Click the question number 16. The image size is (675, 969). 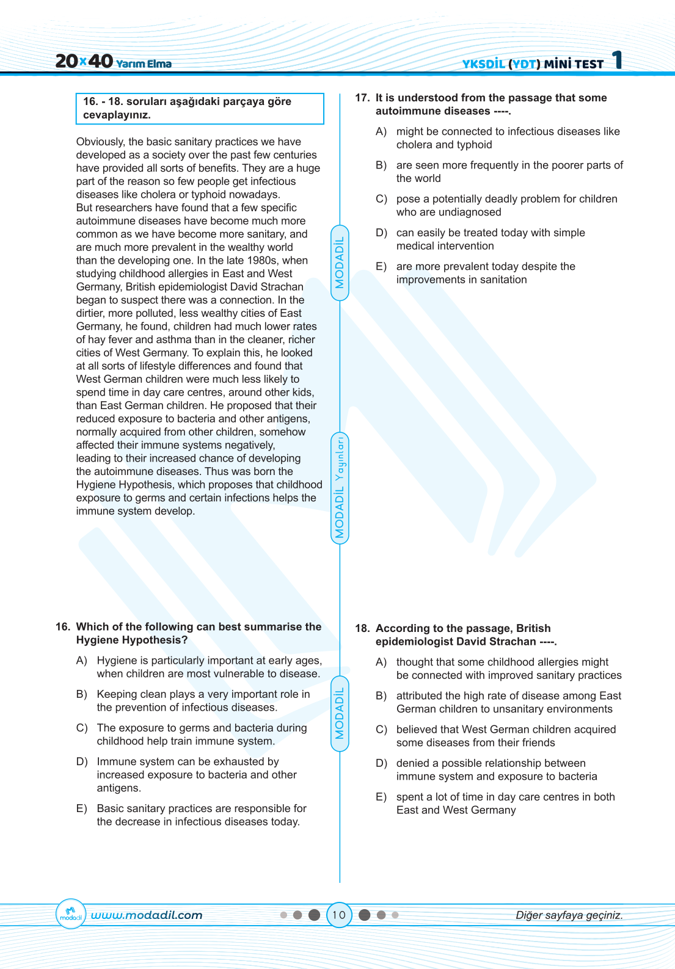[62, 627]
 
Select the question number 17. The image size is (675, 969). [362, 98]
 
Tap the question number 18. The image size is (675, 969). [362, 628]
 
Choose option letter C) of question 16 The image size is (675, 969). [82, 728]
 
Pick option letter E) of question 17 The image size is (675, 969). [381, 266]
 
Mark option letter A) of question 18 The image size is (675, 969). [381, 662]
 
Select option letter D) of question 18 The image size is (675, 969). [381, 763]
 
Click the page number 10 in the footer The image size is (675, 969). [339, 915]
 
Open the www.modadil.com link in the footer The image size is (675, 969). [147, 915]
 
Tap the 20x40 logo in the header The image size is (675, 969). [84, 61]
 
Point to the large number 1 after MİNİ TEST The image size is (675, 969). [618, 60]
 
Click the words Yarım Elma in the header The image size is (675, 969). [144, 64]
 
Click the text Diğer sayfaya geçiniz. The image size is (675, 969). [569, 915]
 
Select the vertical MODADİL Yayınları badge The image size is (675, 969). [340, 487]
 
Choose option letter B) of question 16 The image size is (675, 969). [82, 694]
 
